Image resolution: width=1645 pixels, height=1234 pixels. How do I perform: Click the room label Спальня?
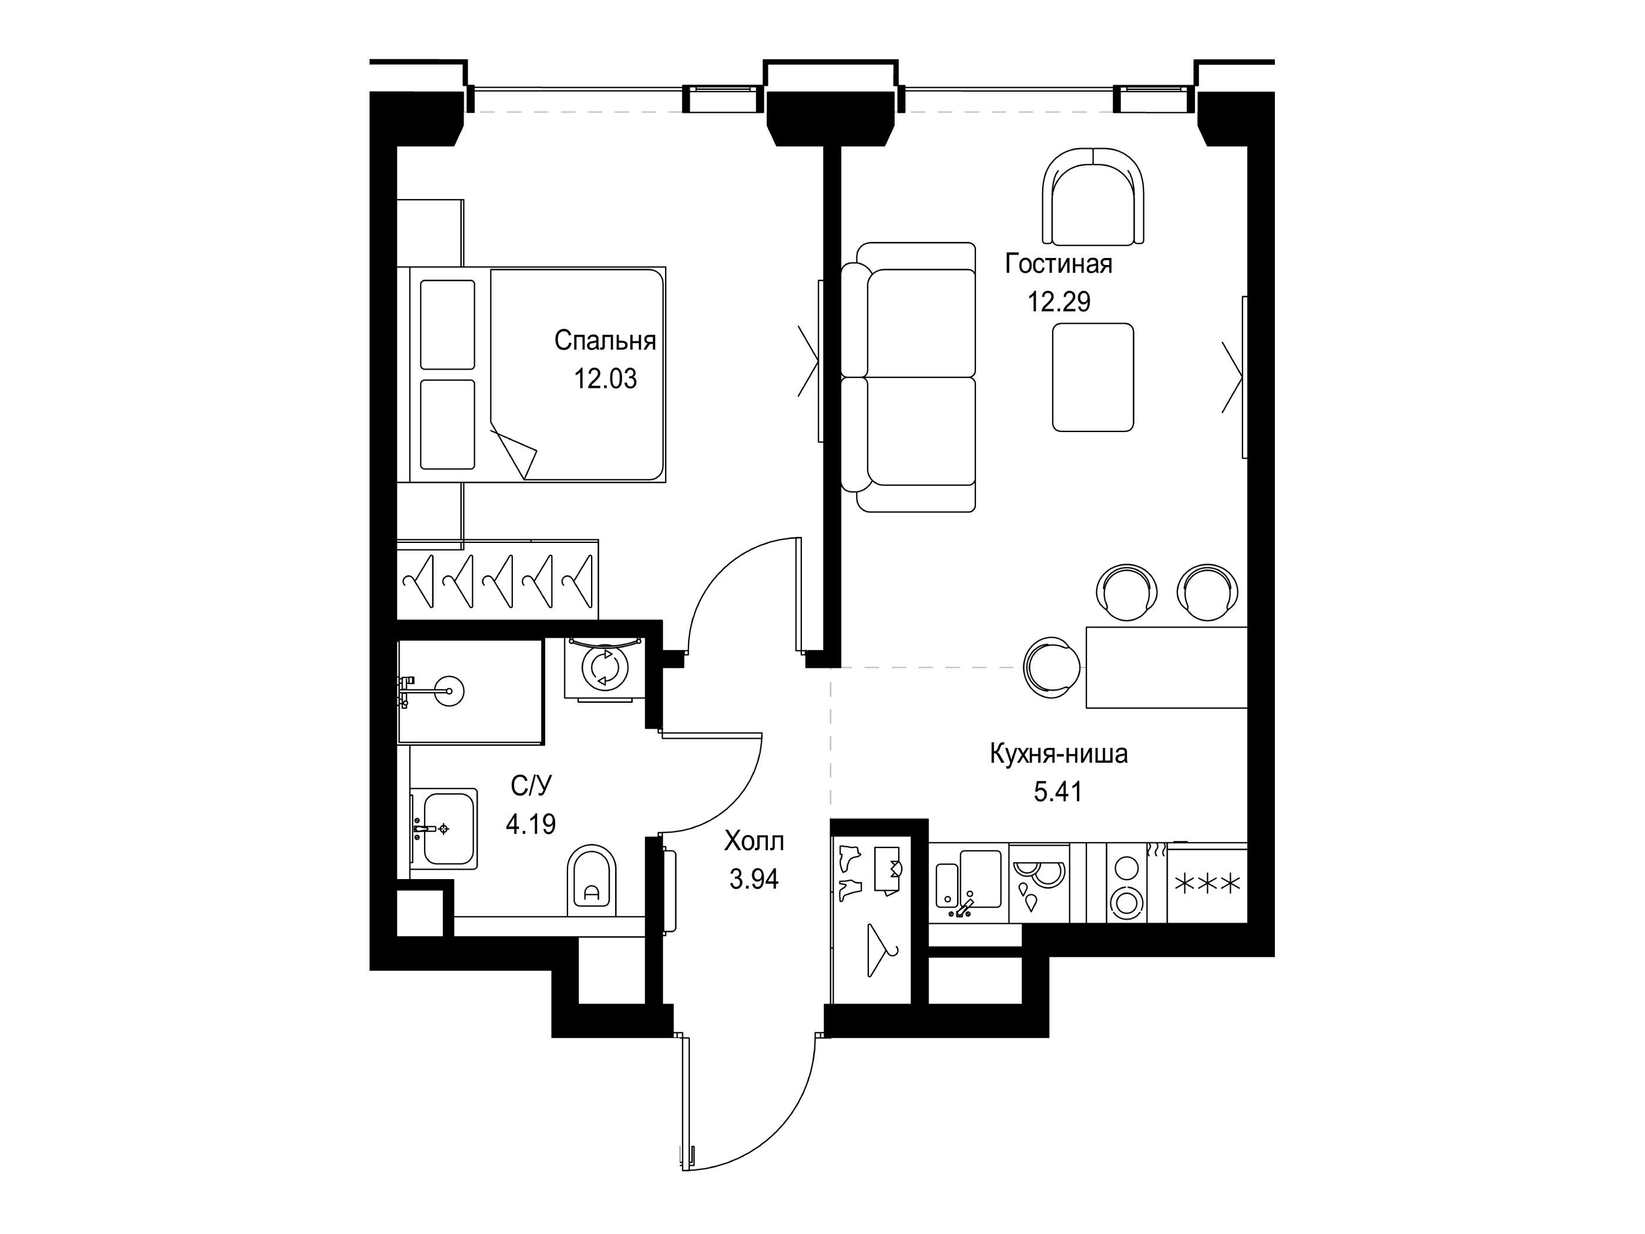tap(605, 341)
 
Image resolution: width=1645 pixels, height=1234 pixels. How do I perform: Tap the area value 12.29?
tap(1059, 302)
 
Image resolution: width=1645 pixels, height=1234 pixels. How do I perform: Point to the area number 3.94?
tap(754, 879)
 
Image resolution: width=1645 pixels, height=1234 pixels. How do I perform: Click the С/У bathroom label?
tap(531, 786)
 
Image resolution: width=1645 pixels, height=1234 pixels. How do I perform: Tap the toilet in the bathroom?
tap(592, 881)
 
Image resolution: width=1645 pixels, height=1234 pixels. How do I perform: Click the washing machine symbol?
tap(604, 668)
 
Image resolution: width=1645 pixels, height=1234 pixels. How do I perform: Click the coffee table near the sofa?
tap(1092, 377)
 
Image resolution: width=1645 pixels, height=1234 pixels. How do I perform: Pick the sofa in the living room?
tap(908, 377)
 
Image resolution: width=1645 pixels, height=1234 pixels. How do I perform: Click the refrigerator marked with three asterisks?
tap(1207, 883)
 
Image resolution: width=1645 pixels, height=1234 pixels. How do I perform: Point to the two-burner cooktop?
tap(1125, 883)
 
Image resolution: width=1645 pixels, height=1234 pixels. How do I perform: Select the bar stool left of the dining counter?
tap(1052, 667)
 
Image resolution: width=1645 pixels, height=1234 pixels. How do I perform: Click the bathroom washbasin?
tap(444, 829)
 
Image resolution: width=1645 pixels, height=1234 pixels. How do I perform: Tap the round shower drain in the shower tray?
tap(449, 691)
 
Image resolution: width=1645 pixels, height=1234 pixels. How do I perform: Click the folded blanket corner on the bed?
tap(514, 451)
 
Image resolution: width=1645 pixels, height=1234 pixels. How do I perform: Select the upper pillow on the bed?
tap(447, 324)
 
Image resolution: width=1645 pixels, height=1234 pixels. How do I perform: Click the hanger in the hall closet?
tap(881, 951)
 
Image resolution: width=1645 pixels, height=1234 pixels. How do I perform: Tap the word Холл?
tap(754, 841)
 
